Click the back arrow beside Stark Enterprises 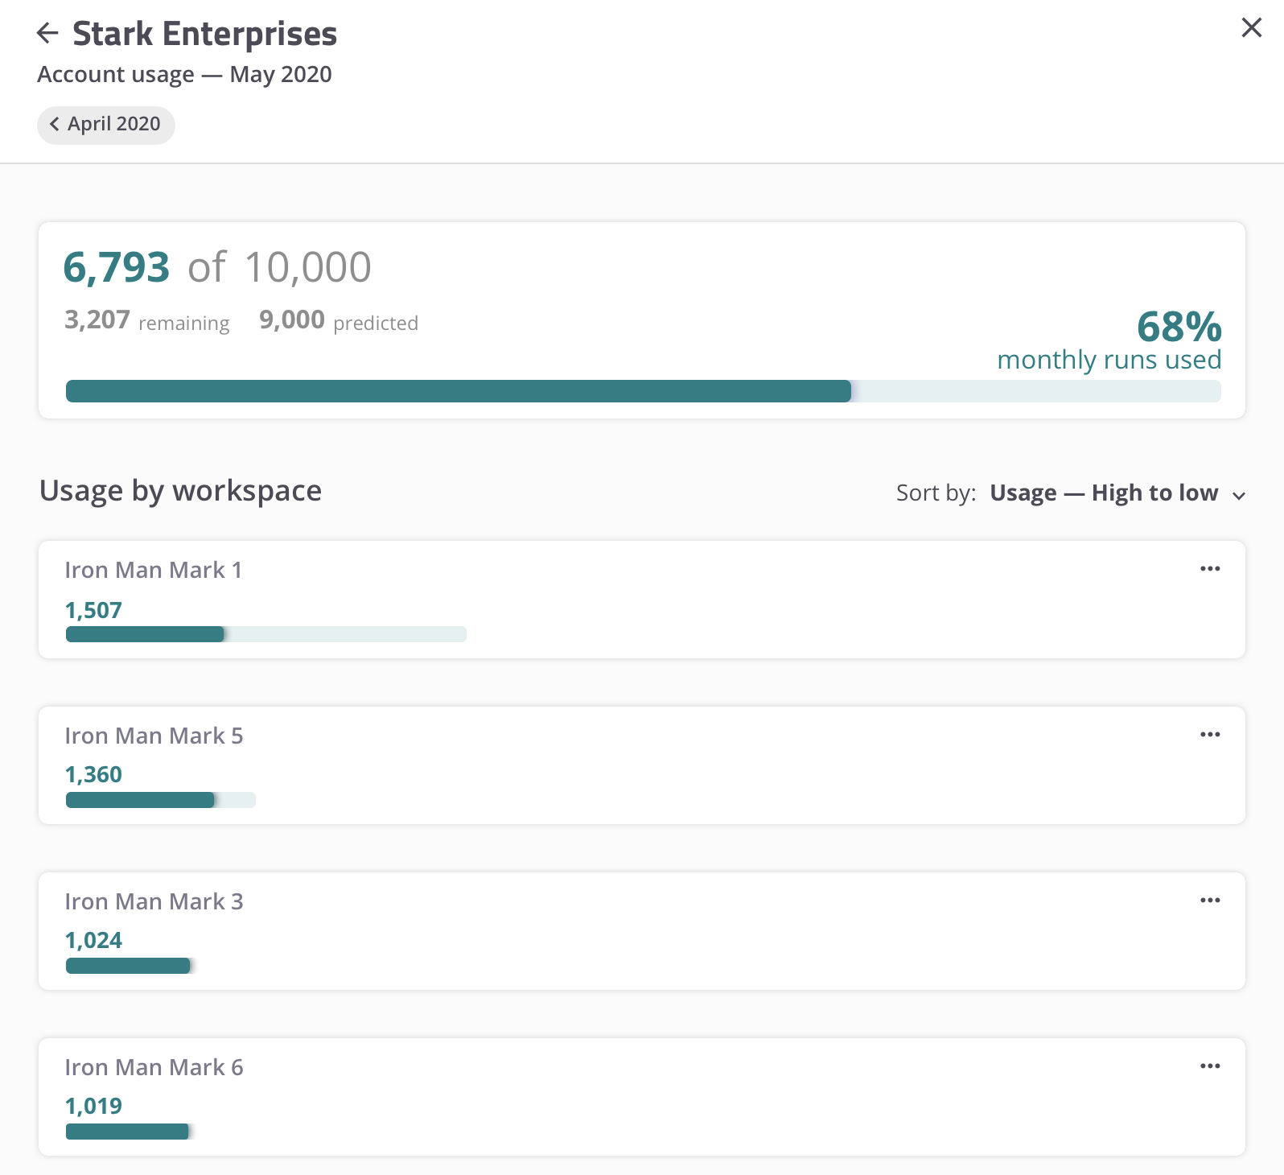tap(47, 33)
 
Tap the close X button tap(1251, 27)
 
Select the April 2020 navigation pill tap(105, 125)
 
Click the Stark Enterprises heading tap(204, 34)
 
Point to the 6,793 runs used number tap(117, 267)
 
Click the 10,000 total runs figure tap(307, 267)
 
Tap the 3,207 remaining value tap(97, 320)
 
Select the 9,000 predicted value tap(292, 320)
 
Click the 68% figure tap(1179, 327)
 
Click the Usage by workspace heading tap(180, 491)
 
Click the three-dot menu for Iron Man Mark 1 tap(1210, 569)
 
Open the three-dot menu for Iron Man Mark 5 tap(1210, 735)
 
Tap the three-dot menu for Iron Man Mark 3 tap(1210, 901)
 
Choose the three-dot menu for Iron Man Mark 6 tap(1210, 1066)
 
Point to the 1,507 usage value tap(93, 611)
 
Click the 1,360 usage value tap(93, 775)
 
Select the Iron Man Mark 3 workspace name tap(154, 902)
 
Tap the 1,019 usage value tap(93, 1107)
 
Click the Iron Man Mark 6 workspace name tap(154, 1068)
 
